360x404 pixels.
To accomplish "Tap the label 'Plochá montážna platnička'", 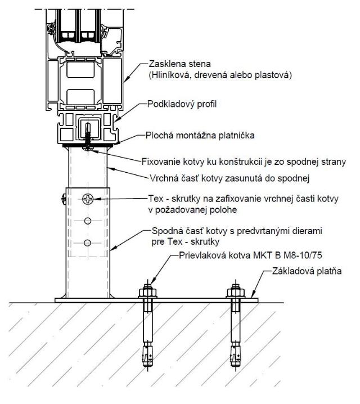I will click(x=198, y=136).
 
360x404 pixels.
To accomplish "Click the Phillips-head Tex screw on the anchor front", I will click(x=88, y=199).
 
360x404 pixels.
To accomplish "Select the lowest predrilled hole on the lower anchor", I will click(x=88, y=243).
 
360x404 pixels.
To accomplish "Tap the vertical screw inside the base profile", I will click(x=88, y=132).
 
